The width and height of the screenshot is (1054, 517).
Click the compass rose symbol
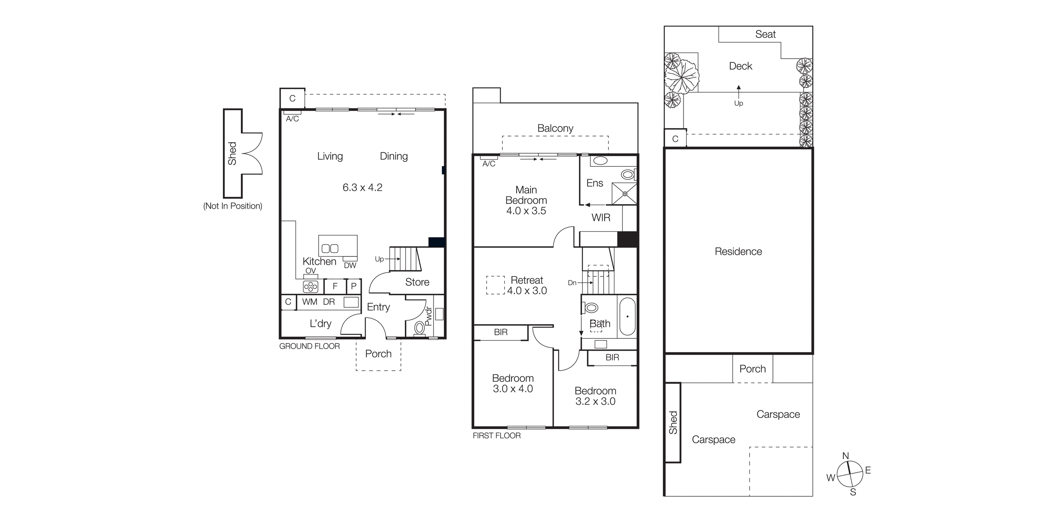tap(850, 474)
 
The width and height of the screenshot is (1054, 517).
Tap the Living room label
tap(330, 156)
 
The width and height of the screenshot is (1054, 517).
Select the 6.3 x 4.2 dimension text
tap(362, 187)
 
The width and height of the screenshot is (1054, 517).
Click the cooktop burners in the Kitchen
tap(310, 287)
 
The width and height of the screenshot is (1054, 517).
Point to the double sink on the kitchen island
tap(330, 248)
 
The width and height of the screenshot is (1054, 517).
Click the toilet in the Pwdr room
tap(419, 328)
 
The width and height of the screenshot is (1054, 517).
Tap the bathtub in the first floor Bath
tap(627, 317)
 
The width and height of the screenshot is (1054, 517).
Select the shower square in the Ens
tap(624, 194)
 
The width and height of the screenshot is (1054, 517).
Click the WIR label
tap(600, 218)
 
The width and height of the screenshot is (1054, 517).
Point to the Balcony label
tap(555, 128)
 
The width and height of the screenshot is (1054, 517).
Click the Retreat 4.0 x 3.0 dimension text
tap(527, 291)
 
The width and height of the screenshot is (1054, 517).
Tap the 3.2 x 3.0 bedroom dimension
tap(595, 401)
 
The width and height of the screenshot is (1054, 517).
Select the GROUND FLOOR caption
tap(309, 346)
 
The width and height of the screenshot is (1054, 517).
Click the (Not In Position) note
tap(232, 206)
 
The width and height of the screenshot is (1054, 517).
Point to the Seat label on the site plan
tap(765, 34)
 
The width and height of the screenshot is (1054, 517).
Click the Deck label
tap(740, 66)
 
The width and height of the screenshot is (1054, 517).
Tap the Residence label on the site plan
tap(738, 251)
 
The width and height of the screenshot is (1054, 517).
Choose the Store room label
tap(417, 282)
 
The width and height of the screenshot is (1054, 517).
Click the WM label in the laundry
tap(309, 302)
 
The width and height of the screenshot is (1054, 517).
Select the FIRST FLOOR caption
tap(496, 436)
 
